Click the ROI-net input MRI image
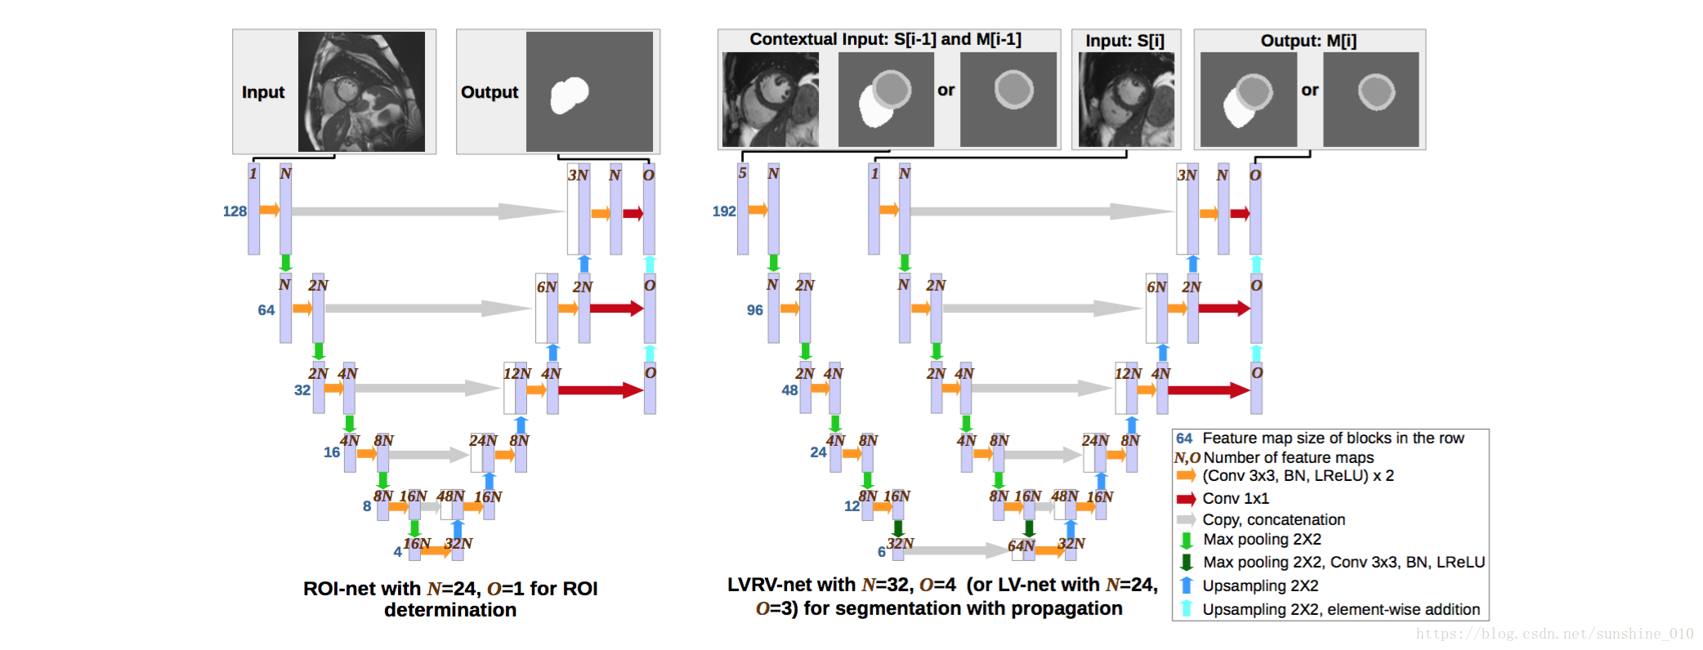pos(361,91)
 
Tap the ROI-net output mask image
pos(589,91)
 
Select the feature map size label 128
pos(235,211)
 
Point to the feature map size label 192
pos(724,211)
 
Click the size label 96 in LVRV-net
pos(754,310)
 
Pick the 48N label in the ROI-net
pos(450,496)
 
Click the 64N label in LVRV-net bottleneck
pos(1021,545)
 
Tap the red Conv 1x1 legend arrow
pos(1186,499)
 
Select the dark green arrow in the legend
pos(1186,562)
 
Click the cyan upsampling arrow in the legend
pos(1186,608)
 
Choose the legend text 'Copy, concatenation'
pos(1273,519)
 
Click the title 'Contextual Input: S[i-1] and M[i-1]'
pos(885,39)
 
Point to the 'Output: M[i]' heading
pos(1308,41)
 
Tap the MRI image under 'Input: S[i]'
pos(1126,100)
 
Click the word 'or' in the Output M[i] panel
pos(1310,91)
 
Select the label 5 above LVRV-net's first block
pos(742,173)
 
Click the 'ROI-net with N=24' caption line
pos(450,589)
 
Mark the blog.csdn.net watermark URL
pos(1554,634)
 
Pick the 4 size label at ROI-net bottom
pos(397,552)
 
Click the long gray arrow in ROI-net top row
pos(425,211)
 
